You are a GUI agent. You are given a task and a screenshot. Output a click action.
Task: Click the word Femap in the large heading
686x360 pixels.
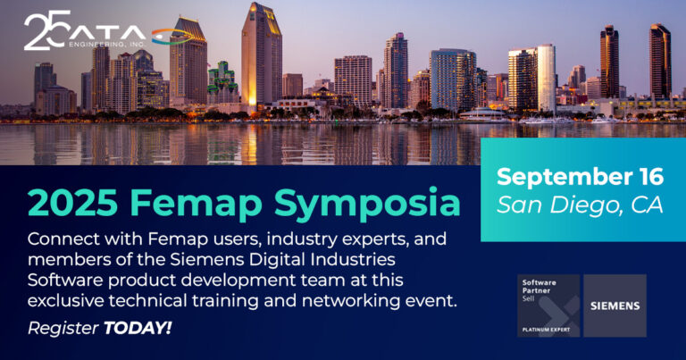pos(196,203)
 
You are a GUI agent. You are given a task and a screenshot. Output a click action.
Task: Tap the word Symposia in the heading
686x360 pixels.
pos(367,204)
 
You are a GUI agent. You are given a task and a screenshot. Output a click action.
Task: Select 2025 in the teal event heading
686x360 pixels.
pos(72,203)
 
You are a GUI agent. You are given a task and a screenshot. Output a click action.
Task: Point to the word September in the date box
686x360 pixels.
pos(563,177)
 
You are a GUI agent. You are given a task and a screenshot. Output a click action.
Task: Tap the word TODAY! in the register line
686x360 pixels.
pos(138,328)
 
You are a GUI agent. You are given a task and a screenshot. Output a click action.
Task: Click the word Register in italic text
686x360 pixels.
pos(63,329)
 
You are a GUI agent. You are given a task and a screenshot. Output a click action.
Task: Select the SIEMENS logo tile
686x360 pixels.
pos(615,306)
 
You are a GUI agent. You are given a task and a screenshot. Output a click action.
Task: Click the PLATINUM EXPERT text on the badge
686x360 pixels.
pos(546,330)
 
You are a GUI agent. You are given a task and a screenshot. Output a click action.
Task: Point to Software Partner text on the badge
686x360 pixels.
pos(539,287)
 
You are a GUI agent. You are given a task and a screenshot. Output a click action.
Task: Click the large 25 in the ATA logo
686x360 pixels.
pos(46,29)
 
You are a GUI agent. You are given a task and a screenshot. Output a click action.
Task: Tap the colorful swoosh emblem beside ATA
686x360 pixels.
pos(172,37)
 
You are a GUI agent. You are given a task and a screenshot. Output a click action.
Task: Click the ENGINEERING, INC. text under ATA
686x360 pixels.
pos(107,44)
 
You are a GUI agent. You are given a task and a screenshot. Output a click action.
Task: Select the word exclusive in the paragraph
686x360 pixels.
pos(66,301)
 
